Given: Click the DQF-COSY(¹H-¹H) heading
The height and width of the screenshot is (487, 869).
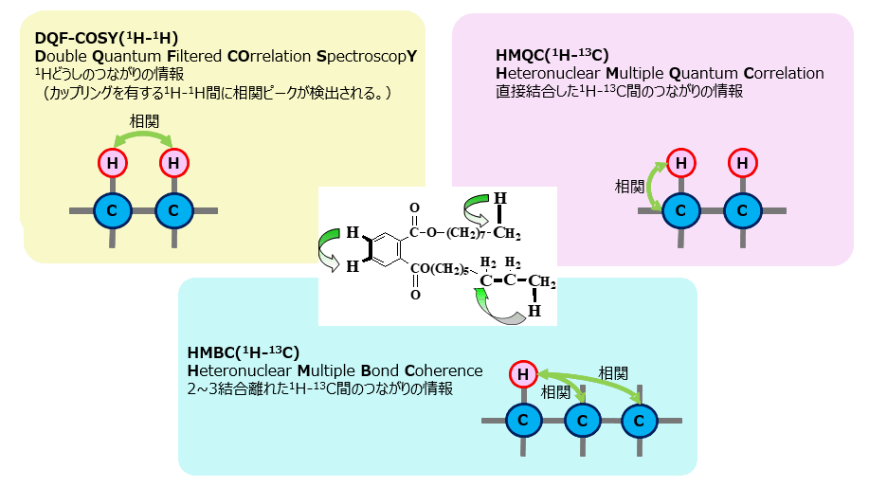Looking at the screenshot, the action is coord(106,38).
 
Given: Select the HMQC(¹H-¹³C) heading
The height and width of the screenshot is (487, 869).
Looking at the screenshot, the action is coord(552,55).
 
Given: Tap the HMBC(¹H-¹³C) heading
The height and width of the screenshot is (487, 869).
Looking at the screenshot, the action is coord(244,352).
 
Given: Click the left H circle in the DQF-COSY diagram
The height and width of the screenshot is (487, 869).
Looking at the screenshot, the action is coord(113,163).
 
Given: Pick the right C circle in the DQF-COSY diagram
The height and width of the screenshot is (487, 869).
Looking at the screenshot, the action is coord(173,210).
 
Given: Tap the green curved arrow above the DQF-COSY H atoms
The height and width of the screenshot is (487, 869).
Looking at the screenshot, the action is coord(143,136).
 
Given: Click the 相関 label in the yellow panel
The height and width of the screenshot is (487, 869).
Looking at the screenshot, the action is coord(144,120).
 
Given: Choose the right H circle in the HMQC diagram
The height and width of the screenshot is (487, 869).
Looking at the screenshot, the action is coord(742,163).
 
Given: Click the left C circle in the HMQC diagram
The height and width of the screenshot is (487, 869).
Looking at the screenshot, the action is coord(681,210).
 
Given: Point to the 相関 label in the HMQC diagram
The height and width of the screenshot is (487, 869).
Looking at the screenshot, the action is coord(629,187).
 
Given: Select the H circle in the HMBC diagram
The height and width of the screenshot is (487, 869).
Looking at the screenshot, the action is coord(523,374).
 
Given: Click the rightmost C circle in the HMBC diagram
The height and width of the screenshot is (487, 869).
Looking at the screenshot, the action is coord(639,421).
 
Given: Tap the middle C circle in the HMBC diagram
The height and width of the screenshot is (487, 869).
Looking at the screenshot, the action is coord(582,421).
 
